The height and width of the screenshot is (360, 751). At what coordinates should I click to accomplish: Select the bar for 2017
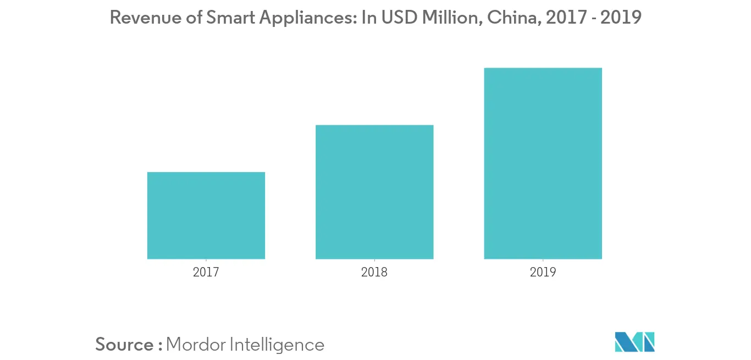point(206,215)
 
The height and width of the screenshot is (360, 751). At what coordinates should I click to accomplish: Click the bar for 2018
point(374,192)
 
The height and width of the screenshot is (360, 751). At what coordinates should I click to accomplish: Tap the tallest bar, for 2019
point(543,163)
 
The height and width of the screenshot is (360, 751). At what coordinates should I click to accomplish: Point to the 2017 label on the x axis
point(206,272)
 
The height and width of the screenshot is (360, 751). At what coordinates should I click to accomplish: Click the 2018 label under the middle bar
point(374,272)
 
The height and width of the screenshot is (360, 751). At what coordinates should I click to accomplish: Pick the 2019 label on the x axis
point(543,272)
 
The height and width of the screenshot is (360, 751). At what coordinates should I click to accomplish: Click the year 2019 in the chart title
point(621,18)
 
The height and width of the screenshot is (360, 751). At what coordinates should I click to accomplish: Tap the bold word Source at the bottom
point(125,345)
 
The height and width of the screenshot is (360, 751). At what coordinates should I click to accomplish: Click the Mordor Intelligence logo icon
point(635,342)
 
